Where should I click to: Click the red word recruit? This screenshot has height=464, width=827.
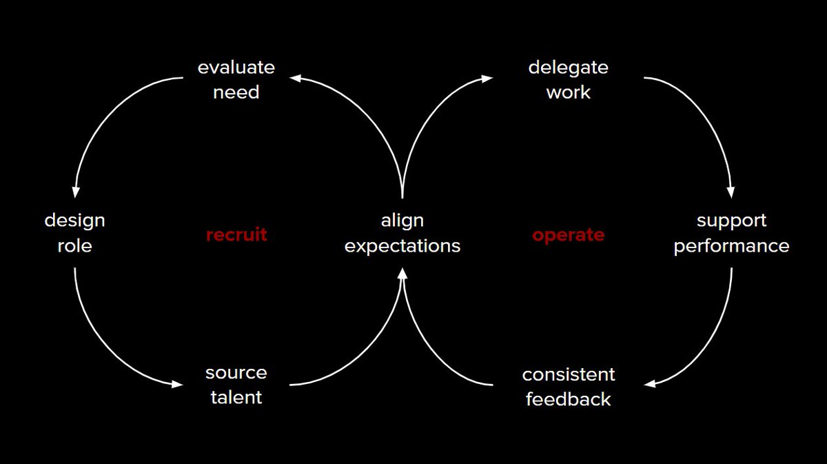(236, 235)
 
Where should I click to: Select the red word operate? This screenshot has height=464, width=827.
(568, 235)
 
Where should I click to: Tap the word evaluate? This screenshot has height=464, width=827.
(236, 68)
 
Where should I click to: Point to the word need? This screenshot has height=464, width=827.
(236, 92)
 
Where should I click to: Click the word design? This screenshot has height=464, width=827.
(74, 221)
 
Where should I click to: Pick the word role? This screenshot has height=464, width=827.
(74, 245)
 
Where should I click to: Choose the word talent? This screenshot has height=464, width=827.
(236, 398)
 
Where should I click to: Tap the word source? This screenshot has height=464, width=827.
(236, 373)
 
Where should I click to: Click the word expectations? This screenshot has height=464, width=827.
(402, 246)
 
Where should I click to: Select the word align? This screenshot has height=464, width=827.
(402, 221)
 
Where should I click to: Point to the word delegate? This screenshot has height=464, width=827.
(568, 68)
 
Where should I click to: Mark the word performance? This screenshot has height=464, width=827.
(731, 246)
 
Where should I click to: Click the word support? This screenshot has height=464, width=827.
(731, 221)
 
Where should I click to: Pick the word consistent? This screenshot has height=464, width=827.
(568, 375)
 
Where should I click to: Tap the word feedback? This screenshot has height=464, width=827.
(568, 400)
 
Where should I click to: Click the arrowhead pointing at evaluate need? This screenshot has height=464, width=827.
(295, 78)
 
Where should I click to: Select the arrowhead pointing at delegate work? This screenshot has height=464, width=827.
(487, 78)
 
